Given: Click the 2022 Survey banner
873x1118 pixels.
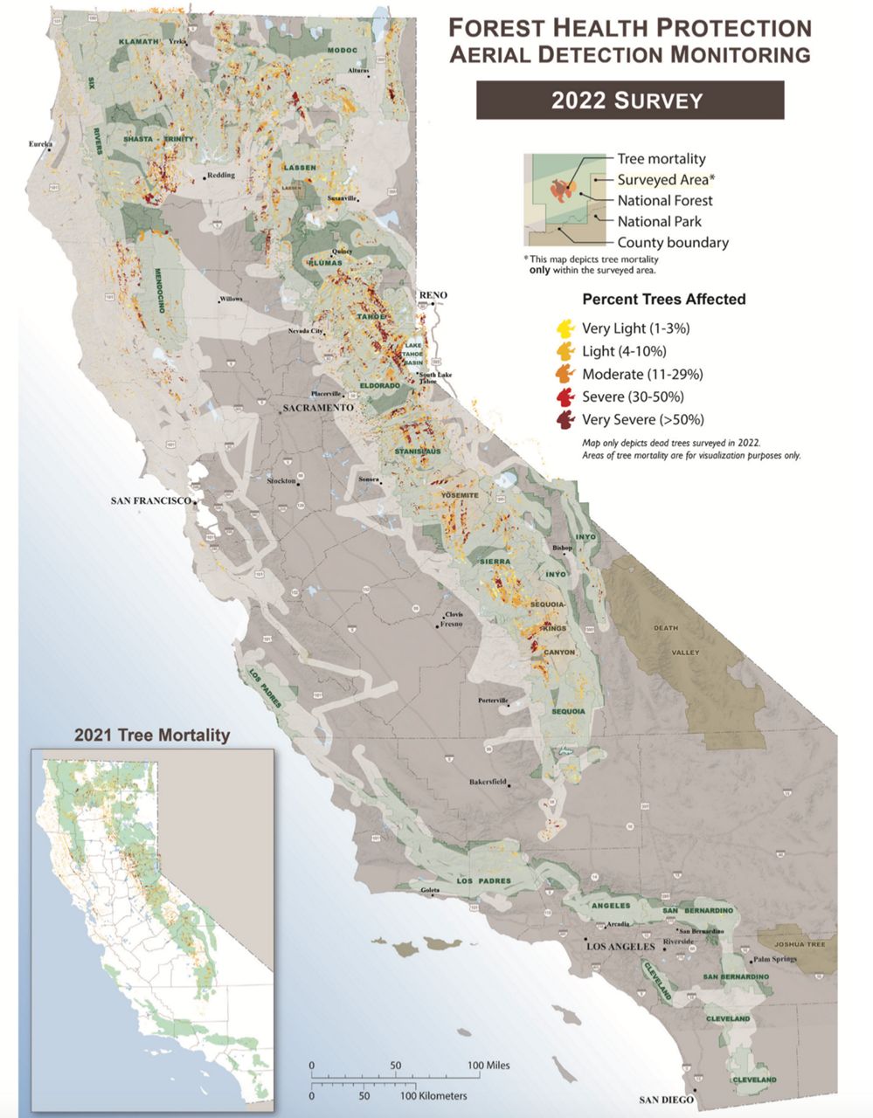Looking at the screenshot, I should pyautogui.click(x=629, y=100).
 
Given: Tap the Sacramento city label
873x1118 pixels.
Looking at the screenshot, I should pyautogui.click(x=316, y=408).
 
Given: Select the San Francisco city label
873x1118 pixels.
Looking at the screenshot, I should pyautogui.click(x=150, y=500).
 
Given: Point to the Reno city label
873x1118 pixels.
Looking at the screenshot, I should pyautogui.click(x=433, y=295).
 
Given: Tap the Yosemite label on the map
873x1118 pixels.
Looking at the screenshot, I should pyautogui.click(x=460, y=495).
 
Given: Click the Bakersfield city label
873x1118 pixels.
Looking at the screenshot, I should pyautogui.click(x=488, y=781).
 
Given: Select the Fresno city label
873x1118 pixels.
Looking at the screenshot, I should pyautogui.click(x=452, y=624).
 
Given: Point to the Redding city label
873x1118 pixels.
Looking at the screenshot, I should pyautogui.click(x=221, y=175).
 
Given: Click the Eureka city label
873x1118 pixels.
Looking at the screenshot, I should pyautogui.click(x=40, y=143).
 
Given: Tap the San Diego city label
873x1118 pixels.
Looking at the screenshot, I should pyautogui.click(x=666, y=1100).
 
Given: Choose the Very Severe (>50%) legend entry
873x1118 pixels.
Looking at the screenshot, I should pyautogui.click(x=642, y=419).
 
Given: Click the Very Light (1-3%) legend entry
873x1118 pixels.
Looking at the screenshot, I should pyautogui.click(x=635, y=328).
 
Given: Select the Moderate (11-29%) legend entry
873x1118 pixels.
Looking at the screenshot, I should pyautogui.click(x=642, y=374).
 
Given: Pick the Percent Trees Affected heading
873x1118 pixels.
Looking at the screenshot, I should pyautogui.click(x=663, y=299).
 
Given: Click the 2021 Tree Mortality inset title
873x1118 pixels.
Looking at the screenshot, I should pyautogui.click(x=151, y=735).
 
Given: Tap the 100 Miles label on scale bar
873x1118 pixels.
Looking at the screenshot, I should pyautogui.click(x=488, y=1065).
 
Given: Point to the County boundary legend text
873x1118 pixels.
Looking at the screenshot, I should pyautogui.click(x=672, y=243).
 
